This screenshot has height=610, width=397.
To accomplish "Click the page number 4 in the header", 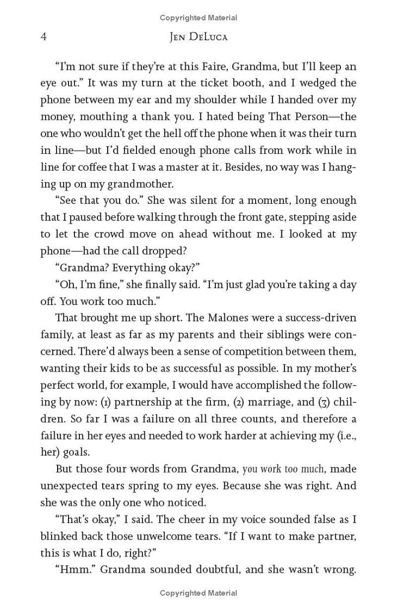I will point(44,38).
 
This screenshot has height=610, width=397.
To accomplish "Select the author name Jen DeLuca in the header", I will point(198,38).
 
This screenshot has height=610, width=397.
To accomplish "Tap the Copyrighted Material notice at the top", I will point(198,18).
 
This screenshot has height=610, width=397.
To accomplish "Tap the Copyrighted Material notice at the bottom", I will point(198,593).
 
